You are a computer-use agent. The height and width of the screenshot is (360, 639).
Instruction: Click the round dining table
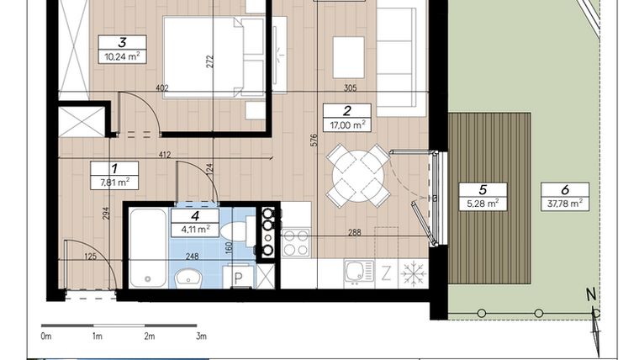[358, 176]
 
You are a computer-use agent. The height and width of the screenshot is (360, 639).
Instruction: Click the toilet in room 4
[239, 230]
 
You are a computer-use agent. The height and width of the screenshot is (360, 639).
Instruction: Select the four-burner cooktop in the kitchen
[295, 242]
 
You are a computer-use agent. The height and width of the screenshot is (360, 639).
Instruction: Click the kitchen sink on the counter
[358, 272]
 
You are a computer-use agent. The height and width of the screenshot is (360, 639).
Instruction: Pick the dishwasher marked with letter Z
[386, 273]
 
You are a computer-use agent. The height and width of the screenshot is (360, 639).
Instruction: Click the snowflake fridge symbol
[414, 273]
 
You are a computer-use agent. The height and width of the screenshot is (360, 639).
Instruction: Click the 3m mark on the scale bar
[201, 336]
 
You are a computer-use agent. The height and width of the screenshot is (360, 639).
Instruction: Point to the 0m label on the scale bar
[45, 336]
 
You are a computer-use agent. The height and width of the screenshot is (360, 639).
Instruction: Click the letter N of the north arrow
[591, 294]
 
